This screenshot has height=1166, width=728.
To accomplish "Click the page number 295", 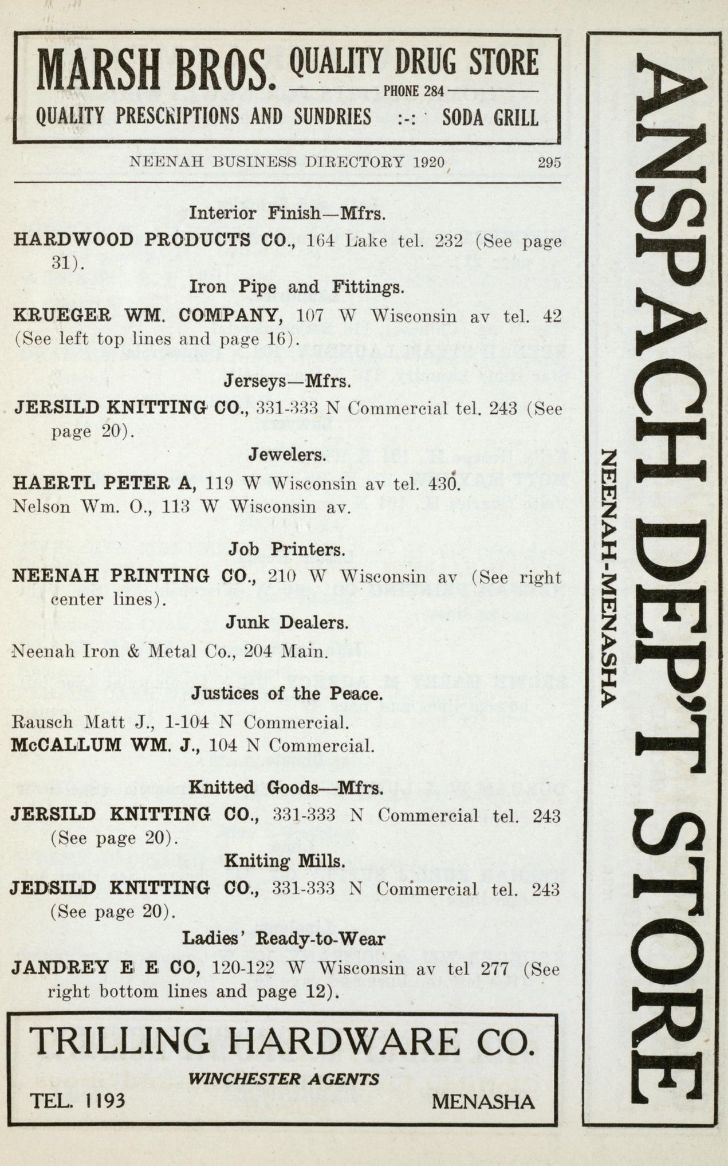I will tap(548, 162).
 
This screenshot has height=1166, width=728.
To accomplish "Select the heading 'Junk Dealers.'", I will tap(286, 622).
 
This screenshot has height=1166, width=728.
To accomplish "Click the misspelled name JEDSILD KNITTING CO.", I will tap(135, 889).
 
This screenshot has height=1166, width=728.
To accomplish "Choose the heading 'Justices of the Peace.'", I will tap(286, 694).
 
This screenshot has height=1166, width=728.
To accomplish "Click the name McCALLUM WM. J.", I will tap(105, 745).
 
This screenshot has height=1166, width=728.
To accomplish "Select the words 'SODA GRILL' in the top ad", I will tap(490, 117).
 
